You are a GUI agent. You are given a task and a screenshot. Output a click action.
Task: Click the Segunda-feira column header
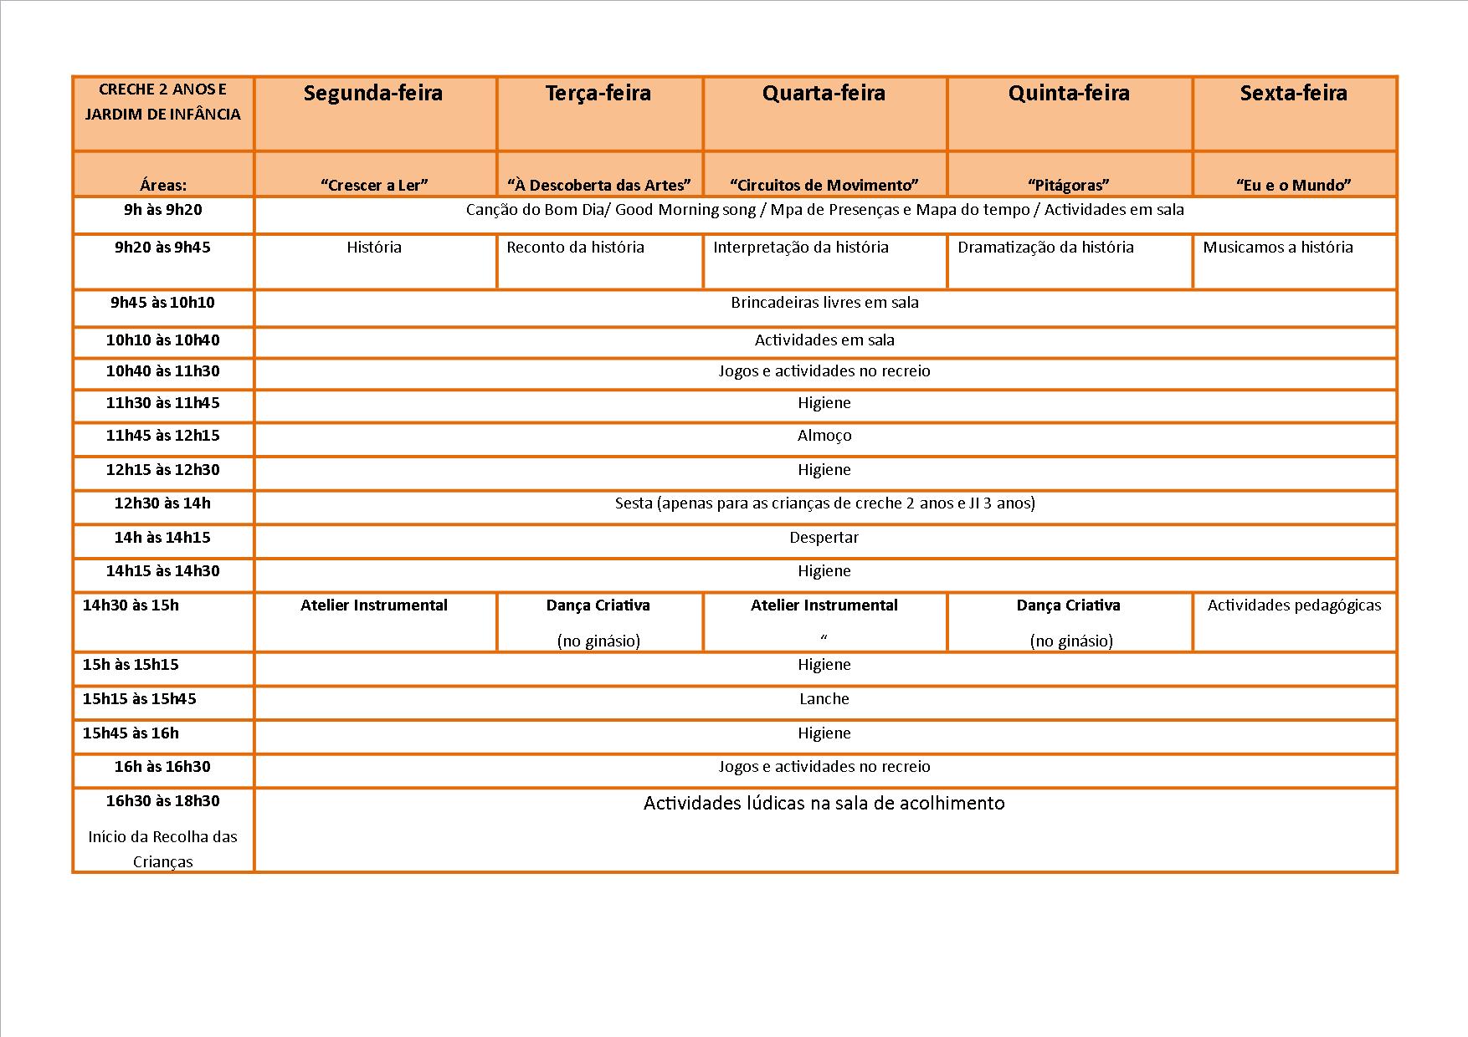pos(373,93)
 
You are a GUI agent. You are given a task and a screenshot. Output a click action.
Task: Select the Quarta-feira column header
pos(824,93)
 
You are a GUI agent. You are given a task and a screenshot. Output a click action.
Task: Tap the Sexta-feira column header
pos(1293,93)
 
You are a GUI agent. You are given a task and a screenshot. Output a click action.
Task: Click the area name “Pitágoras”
pos(1069,185)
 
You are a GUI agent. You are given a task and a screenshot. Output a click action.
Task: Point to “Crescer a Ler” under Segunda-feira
pos(374,185)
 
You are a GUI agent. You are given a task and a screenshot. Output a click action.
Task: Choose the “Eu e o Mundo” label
pos(1293,185)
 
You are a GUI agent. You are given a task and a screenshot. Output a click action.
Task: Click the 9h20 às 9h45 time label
pos(162,248)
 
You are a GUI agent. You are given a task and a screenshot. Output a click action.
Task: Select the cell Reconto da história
pos(575,248)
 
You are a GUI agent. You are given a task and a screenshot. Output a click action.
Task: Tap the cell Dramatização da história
pos(1045,248)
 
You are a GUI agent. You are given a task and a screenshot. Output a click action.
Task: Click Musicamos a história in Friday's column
pos(1277,248)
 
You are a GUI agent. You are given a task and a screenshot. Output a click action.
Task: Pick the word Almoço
pos(824,436)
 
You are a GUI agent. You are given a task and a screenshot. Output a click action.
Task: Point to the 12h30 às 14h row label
pos(162,503)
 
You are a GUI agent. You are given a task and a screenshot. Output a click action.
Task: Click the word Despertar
pos(824,538)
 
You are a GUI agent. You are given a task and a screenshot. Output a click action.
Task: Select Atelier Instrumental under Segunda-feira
pos(374,605)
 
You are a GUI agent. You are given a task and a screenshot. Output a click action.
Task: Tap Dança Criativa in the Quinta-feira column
pos(1068,605)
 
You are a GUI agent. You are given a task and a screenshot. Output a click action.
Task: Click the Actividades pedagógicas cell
pos(1294,605)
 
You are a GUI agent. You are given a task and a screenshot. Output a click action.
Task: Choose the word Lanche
pos(824,699)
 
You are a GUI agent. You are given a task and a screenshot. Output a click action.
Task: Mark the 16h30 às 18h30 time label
pos(162,801)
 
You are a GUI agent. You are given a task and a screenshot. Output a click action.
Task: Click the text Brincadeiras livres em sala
pos(824,303)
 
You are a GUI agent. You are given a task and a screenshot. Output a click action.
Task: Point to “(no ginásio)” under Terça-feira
pos(598,641)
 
